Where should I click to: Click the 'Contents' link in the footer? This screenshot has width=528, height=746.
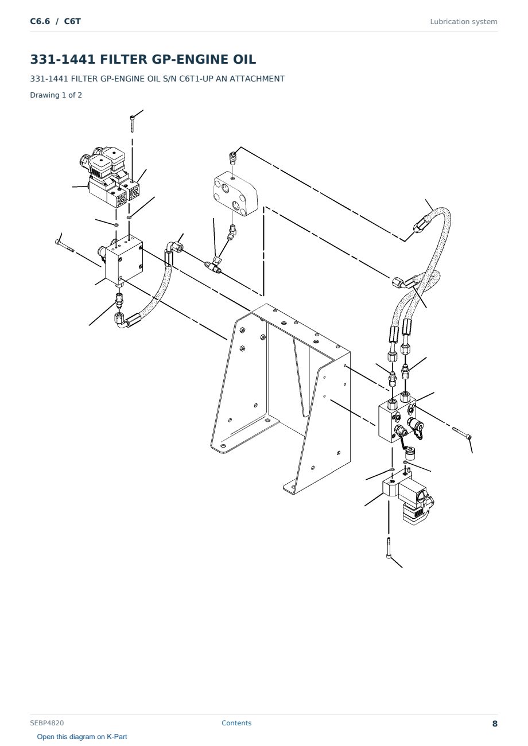(x=236, y=723)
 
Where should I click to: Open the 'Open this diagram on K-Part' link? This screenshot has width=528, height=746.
(x=82, y=737)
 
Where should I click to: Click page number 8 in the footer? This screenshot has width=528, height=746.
(x=495, y=724)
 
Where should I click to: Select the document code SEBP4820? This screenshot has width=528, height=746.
(x=47, y=723)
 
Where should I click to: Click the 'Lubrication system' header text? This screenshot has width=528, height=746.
(x=464, y=22)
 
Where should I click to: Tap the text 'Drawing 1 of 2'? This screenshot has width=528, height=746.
(x=56, y=95)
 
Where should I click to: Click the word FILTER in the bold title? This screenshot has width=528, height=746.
(x=123, y=59)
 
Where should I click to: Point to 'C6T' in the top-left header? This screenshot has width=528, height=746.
(x=72, y=21)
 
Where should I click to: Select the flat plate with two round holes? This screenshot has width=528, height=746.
(x=235, y=194)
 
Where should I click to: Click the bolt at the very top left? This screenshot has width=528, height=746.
(x=132, y=123)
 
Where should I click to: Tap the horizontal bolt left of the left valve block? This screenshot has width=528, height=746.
(x=65, y=246)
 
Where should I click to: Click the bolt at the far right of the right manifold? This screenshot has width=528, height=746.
(x=462, y=433)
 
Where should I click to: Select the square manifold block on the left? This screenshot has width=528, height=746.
(x=123, y=262)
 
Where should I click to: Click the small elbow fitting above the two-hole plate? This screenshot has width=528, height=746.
(x=232, y=158)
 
